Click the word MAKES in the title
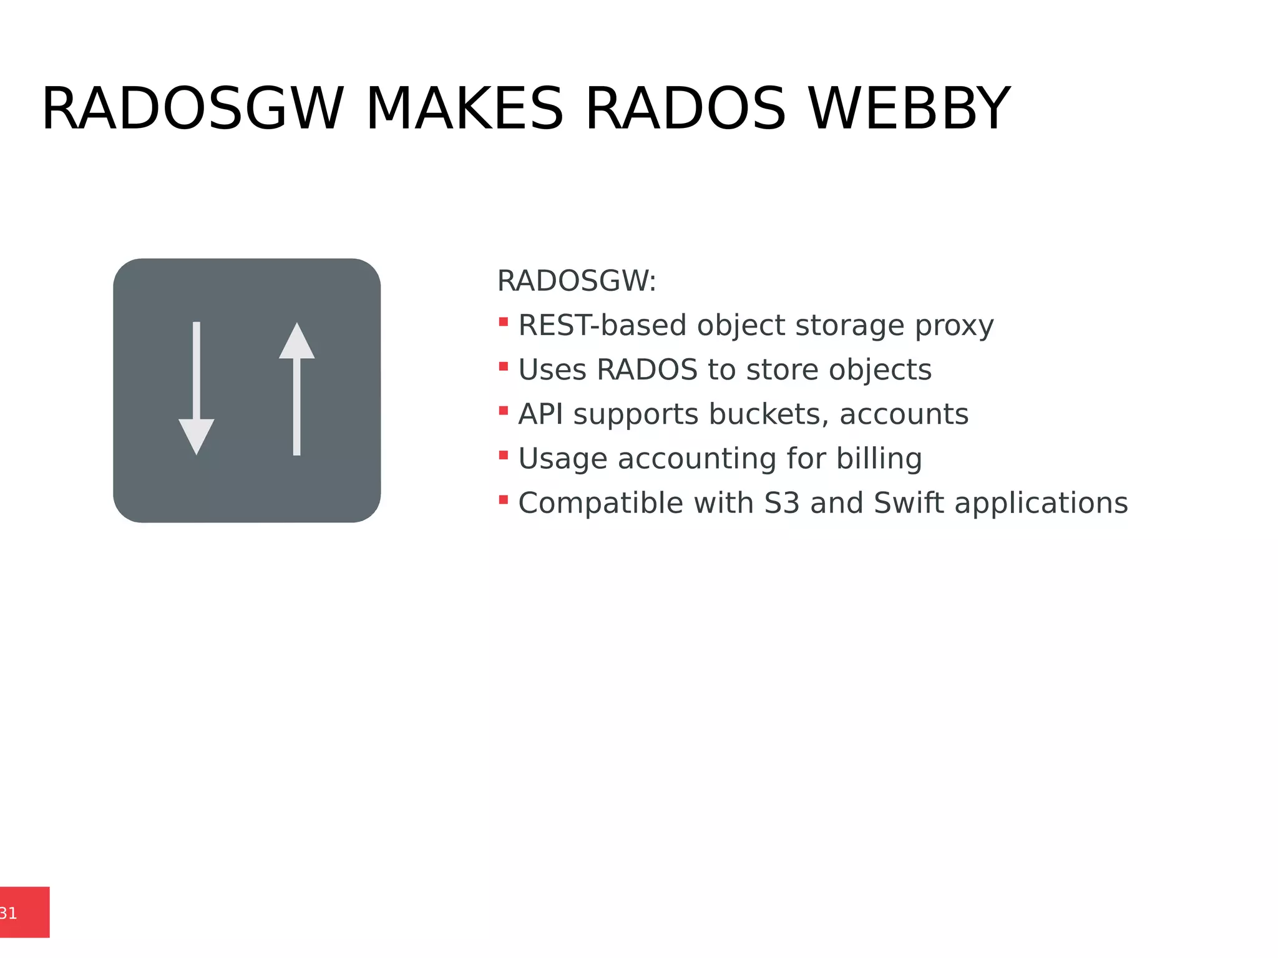[465, 109]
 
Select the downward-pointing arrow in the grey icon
[197, 387]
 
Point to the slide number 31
[9, 913]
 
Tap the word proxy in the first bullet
[954, 326]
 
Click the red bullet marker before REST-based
[503, 322]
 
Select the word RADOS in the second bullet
[646, 369]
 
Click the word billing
[879, 459]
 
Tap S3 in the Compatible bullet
[782, 503]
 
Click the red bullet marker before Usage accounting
[503, 455]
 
